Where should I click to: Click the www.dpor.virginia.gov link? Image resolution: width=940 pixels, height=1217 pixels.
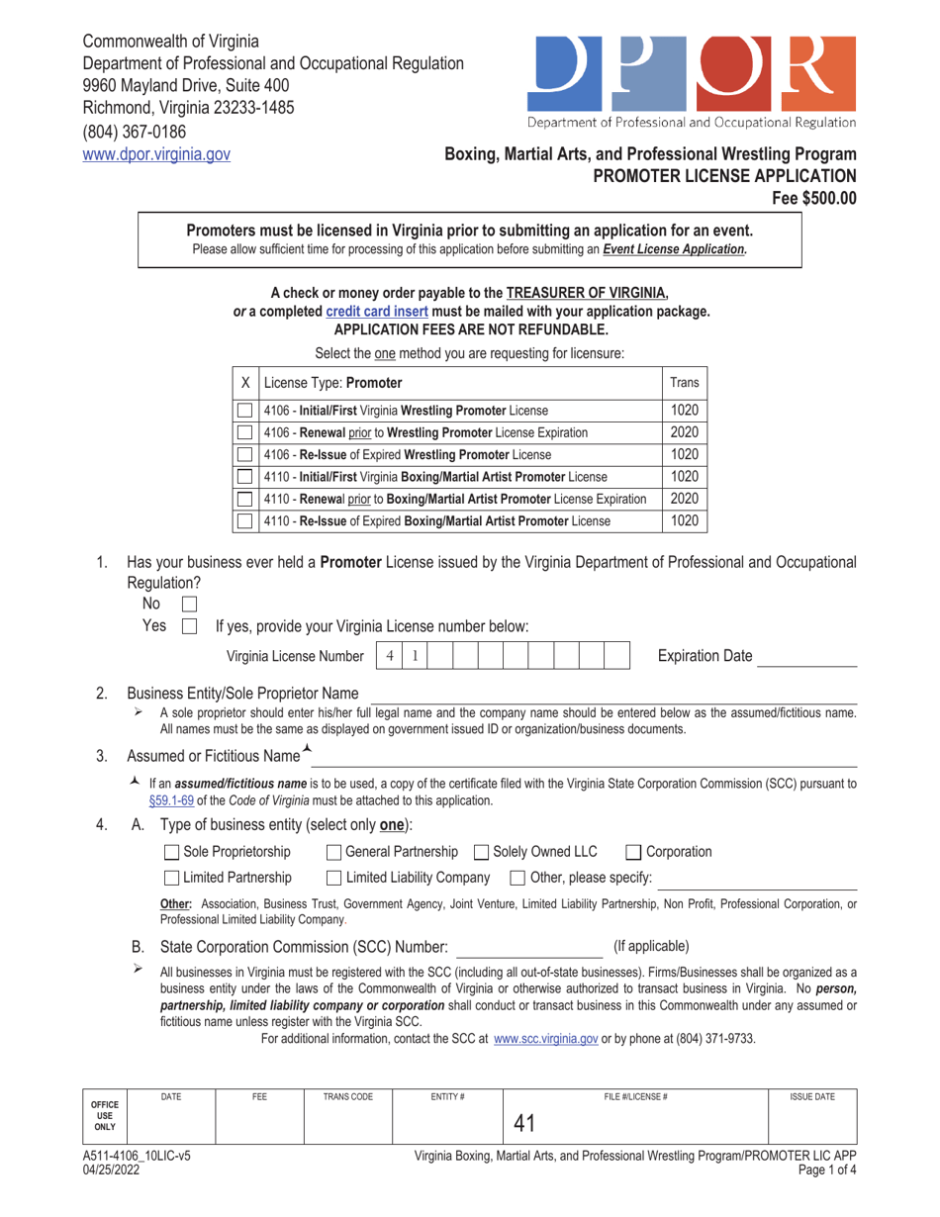(x=156, y=153)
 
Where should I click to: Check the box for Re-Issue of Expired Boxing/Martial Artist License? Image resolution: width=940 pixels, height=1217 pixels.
(x=244, y=518)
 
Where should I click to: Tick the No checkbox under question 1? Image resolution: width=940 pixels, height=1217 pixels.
(x=190, y=604)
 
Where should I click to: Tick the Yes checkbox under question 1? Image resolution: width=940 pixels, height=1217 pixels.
(x=190, y=625)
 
